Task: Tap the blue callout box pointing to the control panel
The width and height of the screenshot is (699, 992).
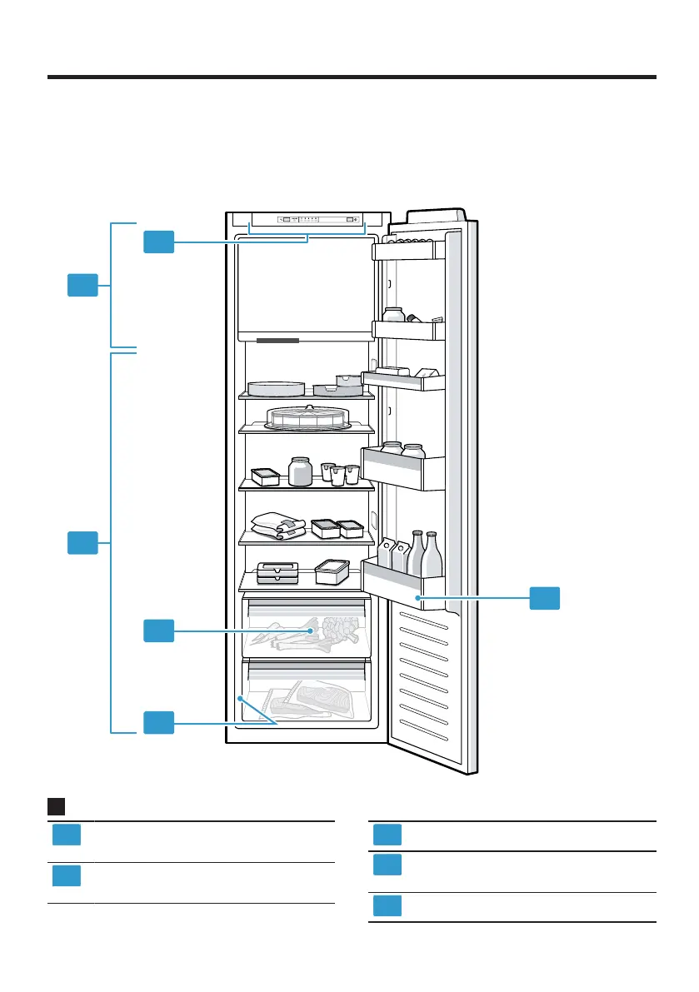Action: (x=158, y=242)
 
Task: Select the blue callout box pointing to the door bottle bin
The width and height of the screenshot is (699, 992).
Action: (x=545, y=598)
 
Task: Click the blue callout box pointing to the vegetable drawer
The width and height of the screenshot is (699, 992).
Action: (x=158, y=631)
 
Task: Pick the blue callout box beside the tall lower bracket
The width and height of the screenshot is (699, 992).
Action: (x=82, y=545)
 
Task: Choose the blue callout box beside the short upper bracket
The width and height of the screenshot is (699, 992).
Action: (x=82, y=286)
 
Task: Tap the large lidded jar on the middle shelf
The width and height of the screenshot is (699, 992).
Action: (x=300, y=471)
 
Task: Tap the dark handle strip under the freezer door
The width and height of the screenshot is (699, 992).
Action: (x=277, y=341)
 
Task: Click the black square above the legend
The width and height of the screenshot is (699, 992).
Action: (x=57, y=806)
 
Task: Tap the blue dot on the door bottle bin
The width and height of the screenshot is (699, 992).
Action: (x=419, y=598)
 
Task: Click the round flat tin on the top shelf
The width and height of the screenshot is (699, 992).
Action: (x=276, y=387)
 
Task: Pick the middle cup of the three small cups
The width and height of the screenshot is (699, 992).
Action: (x=337, y=475)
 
